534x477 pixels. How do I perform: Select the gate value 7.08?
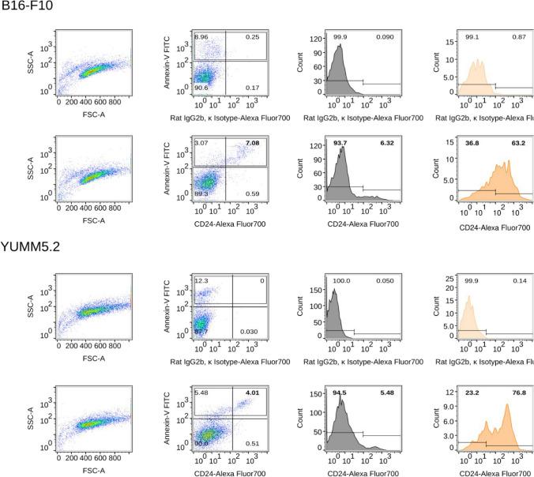click(x=253, y=143)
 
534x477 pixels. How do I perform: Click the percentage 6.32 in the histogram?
click(x=387, y=143)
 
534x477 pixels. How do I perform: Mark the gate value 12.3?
click(x=204, y=280)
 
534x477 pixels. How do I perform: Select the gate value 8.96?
click(x=203, y=36)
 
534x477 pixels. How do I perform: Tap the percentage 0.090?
click(x=386, y=36)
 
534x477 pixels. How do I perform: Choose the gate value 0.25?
click(x=253, y=36)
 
